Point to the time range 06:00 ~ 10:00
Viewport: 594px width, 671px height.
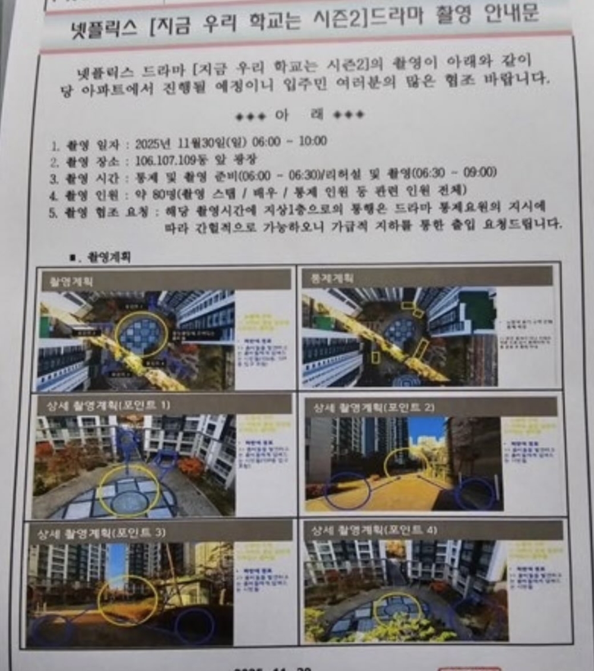pyautogui.click(x=297, y=141)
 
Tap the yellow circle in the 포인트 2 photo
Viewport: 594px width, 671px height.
pyautogui.click(x=407, y=463)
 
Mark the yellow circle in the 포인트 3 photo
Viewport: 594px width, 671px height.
pyautogui.click(x=127, y=600)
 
